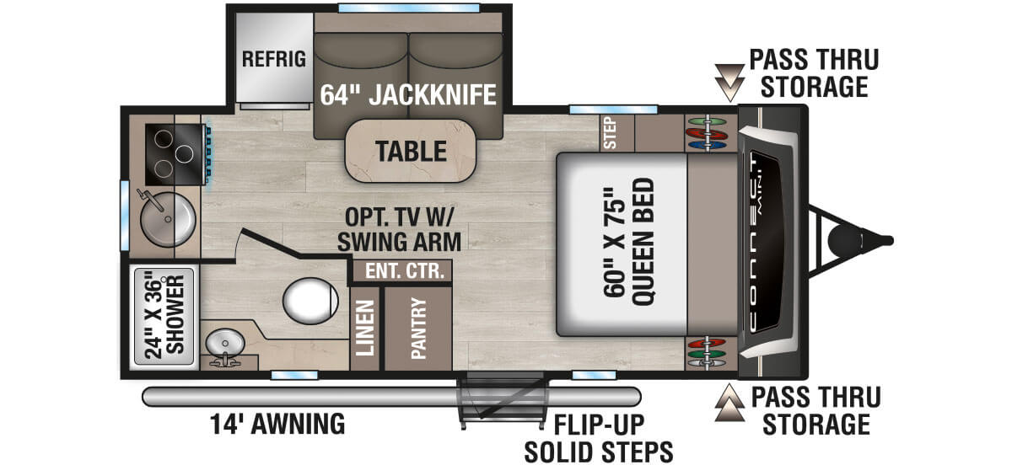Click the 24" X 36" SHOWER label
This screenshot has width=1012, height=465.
164,316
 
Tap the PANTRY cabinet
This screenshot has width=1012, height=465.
418,329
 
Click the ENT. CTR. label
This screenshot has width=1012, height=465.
401,271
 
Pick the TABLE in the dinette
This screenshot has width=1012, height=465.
411,151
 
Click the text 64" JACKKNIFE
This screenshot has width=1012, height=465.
407,94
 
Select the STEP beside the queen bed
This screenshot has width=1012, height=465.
613,132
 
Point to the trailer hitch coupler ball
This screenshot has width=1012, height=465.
843,240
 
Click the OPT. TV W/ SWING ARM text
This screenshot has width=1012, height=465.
399,230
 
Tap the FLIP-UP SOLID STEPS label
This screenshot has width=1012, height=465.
599,437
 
